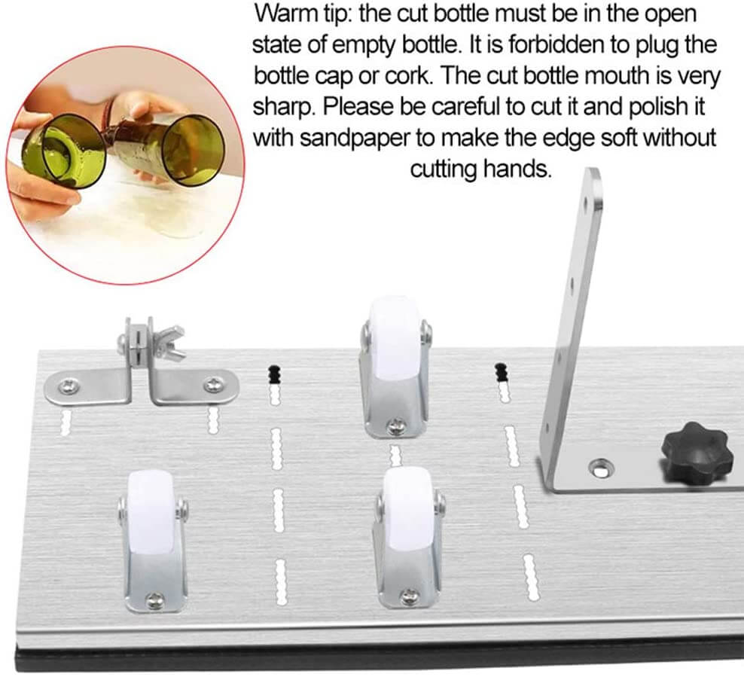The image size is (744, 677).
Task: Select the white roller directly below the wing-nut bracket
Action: coord(151,508)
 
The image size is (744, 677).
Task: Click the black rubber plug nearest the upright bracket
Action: coord(500,372)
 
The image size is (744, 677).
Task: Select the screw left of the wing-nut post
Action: coord(69,387)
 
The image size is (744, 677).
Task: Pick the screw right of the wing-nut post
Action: coord(215,386)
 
